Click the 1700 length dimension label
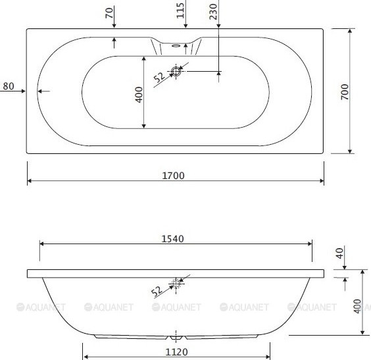173,176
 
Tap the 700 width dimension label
345,92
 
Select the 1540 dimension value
172,239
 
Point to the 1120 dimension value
176,352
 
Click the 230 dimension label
213,12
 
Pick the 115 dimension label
180,11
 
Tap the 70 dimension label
109,13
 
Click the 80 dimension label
9,86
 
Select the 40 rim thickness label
339,253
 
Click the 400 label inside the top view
139,95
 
